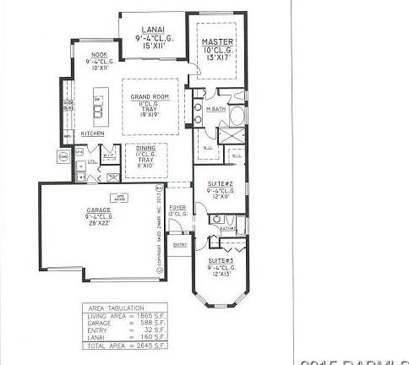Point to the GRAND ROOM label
[x=151, y=97]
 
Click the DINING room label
[x=145, y=149]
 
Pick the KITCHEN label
[x=92, y=133]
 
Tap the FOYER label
[x=177, y=206]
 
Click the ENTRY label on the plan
[x=179, y=244]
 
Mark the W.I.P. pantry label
[x=108, y=155]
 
